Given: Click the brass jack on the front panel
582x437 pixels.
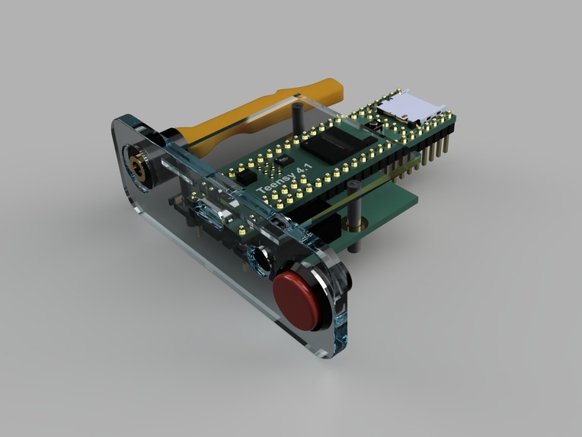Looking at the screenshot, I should [139, 163].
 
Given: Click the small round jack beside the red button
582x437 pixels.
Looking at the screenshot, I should [257, 259].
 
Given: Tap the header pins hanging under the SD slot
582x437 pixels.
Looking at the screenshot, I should [434, 149].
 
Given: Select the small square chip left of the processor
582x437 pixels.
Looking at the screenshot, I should [283, 162].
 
